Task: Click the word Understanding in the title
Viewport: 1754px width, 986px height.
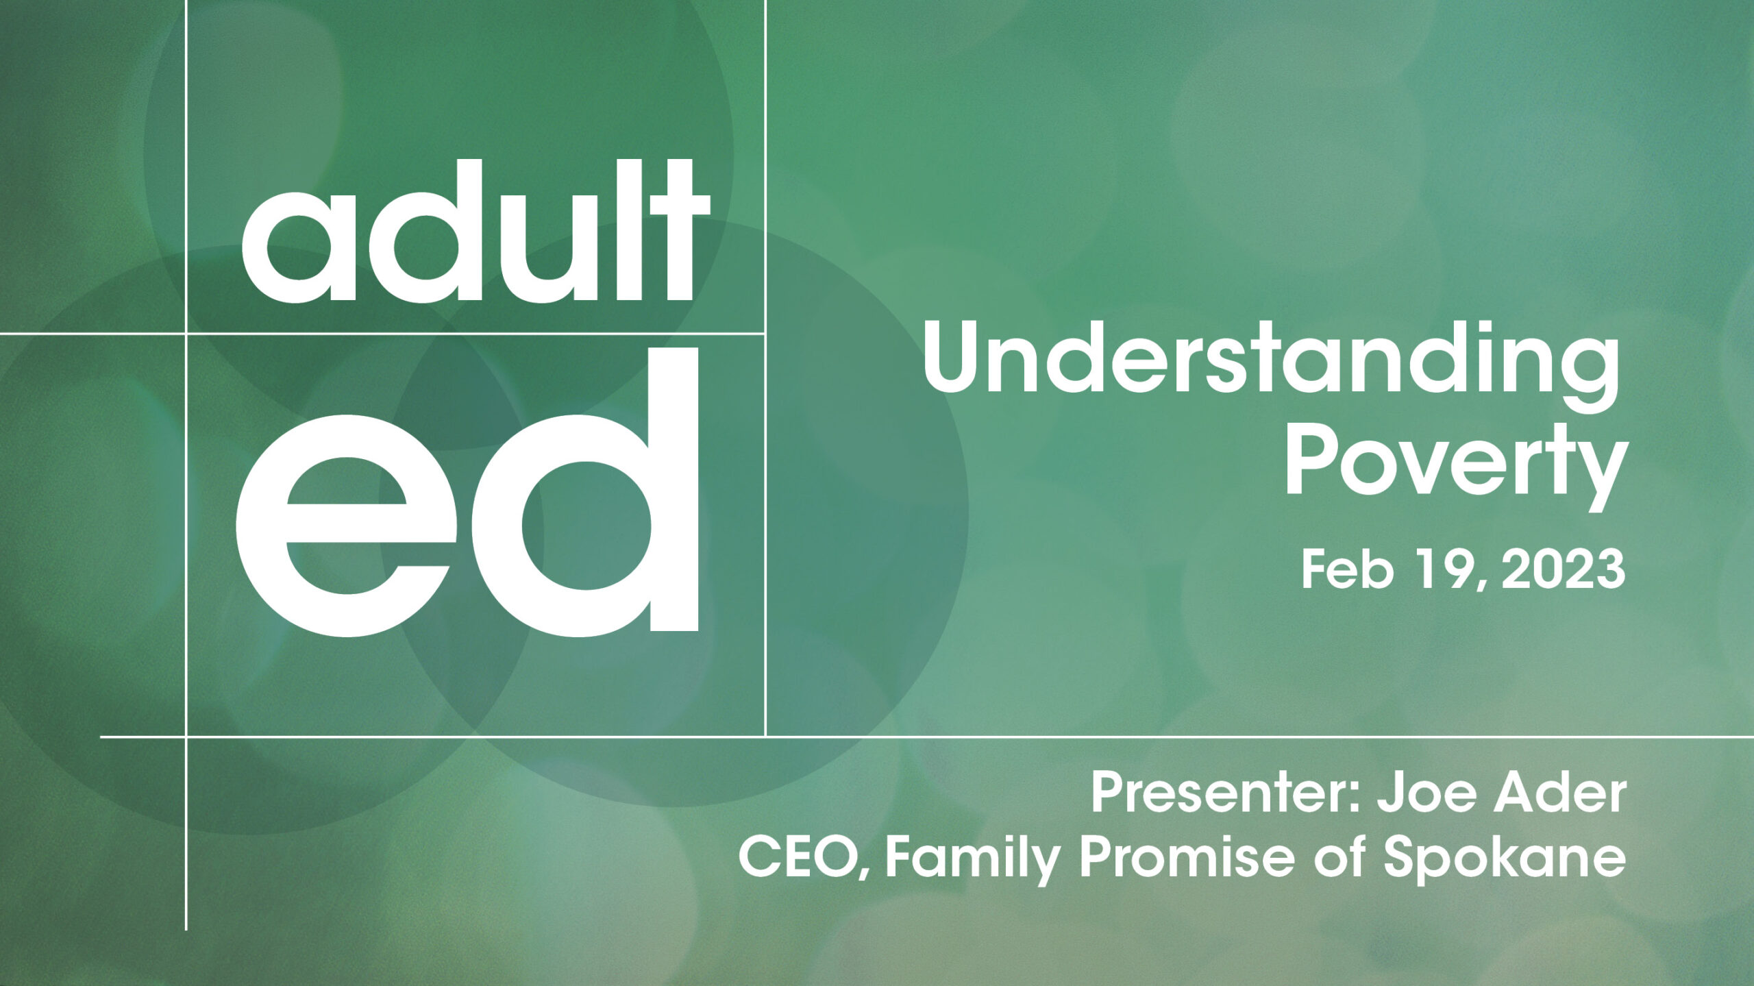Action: [x=1272, y=368]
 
